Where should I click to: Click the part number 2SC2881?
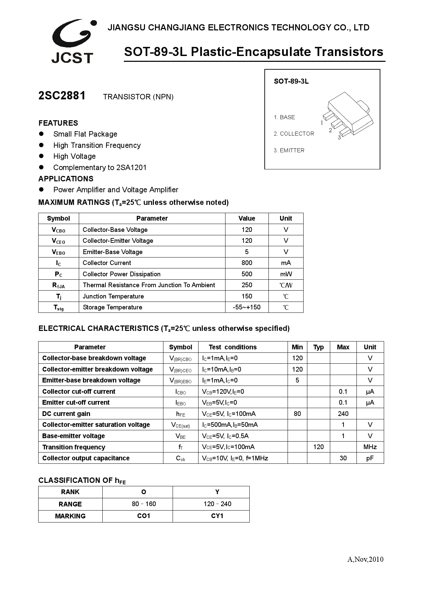[x=62, y=96]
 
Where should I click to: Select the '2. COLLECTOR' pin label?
[x=294, y=134]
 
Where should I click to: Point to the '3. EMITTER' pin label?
[x=289, y=151]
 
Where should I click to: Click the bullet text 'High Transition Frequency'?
[x=97, y=145]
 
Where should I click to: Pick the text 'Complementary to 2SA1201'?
[x=100, y=168]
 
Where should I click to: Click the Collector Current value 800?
[x=247, y=263]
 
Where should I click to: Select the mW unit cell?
[x=286, y=274]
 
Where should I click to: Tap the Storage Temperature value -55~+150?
[x=247, y=307]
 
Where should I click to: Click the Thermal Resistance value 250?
[x=247, y=285]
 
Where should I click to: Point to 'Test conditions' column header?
[x=233, y=347]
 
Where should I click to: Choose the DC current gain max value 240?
[x=343, y=414]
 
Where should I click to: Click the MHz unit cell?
[x=370, y=447]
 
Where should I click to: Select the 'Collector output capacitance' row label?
[x=86, y=458]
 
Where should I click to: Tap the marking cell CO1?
[x=144, y=516]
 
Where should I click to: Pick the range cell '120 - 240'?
[x=217, y=504]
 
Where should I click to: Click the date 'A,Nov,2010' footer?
[x=365, y=559]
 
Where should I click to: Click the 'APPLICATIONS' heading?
[x=66, y=179]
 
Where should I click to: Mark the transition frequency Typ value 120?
[x=318, y=447]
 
